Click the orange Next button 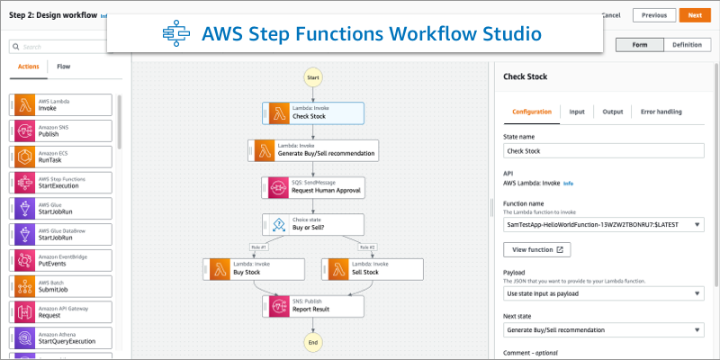pos(694,15)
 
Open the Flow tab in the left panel pos(64,66)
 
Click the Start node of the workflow pos(313,78)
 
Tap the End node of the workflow pos(313,342)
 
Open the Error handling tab pos(661,112)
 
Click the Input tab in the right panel pos(577,112)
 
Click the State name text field pos(603,151)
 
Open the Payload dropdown pos(603,293)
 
